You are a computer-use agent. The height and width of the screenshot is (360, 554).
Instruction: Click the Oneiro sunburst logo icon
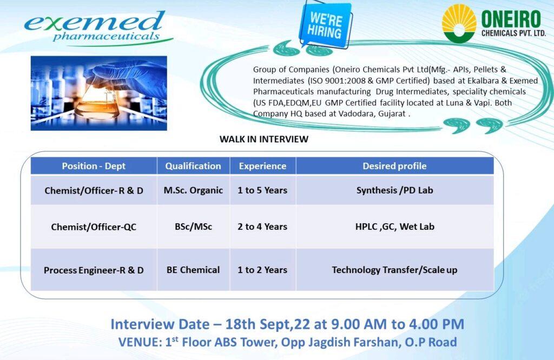point(459,23)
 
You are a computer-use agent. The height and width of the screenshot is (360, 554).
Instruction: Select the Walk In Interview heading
point(264,139)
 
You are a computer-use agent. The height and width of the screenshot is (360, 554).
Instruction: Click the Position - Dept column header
point(94,166)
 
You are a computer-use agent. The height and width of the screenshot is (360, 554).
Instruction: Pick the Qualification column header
point(193,166)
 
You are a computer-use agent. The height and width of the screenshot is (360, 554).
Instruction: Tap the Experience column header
point(262,166)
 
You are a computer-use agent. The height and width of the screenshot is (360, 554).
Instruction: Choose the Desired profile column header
point(394,166)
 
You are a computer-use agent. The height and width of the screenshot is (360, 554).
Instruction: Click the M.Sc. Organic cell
point(193,190)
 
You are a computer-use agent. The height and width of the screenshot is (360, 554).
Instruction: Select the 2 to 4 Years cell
point(262,226)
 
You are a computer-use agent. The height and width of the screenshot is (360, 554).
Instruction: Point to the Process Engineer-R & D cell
point(94,270)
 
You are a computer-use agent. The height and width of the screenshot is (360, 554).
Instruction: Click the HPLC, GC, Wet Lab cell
point(394,226)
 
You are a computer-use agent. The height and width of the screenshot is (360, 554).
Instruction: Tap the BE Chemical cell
point(193,270)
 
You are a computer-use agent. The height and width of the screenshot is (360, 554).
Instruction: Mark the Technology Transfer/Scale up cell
point(394,270)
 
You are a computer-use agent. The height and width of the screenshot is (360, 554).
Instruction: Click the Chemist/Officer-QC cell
point(94,226)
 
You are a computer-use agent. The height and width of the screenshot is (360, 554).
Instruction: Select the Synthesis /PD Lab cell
point(394,190)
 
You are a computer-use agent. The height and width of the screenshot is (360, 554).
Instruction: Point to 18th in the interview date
point(241,324)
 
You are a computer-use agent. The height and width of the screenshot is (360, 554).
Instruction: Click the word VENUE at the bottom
point(140,342)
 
